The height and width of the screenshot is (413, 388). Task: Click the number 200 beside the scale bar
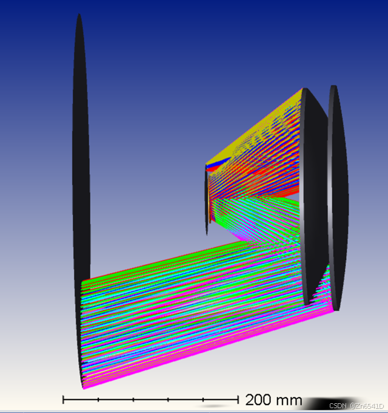click(258, 400)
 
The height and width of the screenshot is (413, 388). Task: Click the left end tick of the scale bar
click(63, 400)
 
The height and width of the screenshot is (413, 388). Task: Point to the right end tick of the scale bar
click(238, 400)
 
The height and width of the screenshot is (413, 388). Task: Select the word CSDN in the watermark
click(338, 406)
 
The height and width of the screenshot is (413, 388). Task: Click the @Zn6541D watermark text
click(367, 406)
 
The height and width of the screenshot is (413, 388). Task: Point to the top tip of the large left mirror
click(79, 14)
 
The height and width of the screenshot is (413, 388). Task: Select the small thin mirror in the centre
click(207, 200)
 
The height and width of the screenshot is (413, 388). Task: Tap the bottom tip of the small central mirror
click(207, 234)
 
